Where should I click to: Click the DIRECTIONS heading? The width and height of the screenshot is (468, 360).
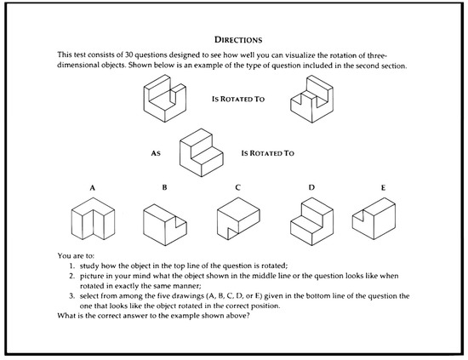[238, 40]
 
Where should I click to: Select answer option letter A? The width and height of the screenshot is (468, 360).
[92, 188]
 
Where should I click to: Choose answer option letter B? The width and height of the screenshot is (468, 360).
[164, 187]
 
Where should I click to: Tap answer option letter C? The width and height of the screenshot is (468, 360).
[237, 187]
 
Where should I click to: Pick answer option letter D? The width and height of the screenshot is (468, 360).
[311, 187]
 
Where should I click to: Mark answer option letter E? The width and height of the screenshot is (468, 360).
[383, 188]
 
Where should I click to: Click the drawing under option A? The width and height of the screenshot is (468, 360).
[93, 219]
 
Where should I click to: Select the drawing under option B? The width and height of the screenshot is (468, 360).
[165, 225]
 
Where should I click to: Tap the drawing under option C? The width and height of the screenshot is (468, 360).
[238, 219]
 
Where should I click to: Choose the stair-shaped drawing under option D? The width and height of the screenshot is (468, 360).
[311, 222]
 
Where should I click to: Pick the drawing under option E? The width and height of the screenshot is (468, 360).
[374, 219]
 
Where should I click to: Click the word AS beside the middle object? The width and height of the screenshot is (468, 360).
[156, 153]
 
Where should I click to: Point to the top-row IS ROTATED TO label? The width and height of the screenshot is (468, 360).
[238, 99]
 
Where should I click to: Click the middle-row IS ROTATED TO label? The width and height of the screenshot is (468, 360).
[267, 153]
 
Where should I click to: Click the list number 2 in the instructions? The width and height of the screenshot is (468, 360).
[71, 276]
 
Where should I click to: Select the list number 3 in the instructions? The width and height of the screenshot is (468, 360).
[71, 296]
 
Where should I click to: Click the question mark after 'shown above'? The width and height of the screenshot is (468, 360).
[248, 316]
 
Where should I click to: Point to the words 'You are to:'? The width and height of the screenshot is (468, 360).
[76, 256]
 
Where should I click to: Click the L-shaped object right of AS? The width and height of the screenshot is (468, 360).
[202, 153]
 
